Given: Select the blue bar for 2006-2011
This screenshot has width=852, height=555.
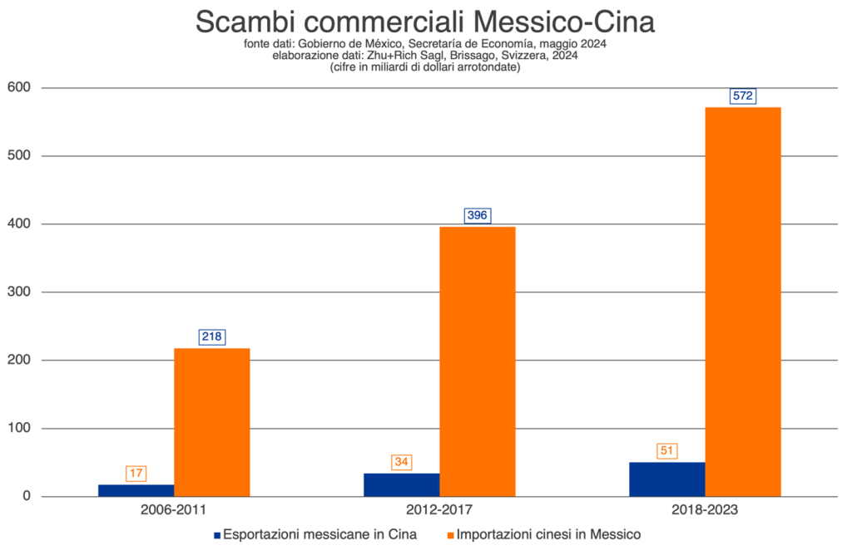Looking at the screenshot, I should click(x=136, y=490).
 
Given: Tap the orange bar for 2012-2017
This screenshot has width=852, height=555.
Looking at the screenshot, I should click(x=478, y=361).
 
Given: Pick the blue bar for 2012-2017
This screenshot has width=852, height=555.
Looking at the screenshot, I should click(x=401, y=485).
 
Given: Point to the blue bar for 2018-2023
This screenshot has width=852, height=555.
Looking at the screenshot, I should click(x=666, y=479).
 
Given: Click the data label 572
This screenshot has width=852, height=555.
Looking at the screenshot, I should click(x=743, y=96).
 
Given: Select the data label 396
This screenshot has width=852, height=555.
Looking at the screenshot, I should click(x=478, y=215).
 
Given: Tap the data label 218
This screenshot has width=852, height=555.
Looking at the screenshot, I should click(x=212, y=336).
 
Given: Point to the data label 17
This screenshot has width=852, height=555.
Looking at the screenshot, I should click(x=136, y=474).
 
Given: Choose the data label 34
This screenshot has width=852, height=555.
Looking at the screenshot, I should click(x=402, y=462).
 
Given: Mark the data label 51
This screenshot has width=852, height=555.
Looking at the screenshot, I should click(x=666, y=450).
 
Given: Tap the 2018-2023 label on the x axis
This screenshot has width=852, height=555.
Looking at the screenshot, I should click(x=705, y=508).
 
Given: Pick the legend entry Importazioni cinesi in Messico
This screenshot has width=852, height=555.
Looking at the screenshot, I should click(x=544, y=534).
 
